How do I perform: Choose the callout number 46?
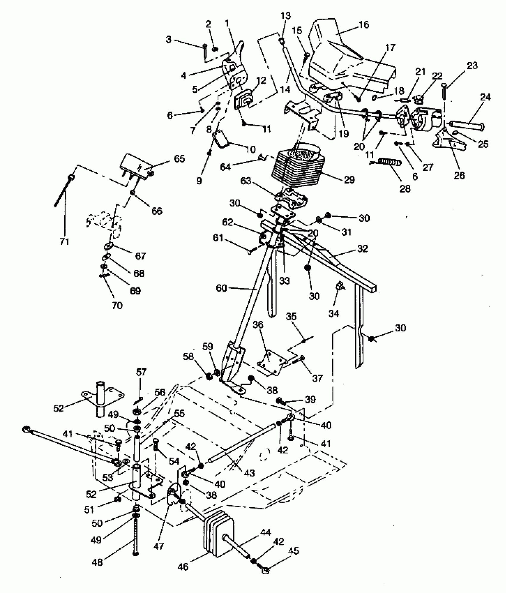coord(183,567)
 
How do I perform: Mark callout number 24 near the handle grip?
coord(485,97)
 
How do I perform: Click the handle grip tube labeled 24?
coord(467,125)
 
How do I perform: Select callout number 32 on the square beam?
coord(362,249)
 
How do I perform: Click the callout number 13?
coord(286,16)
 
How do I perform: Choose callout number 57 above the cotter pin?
coord(141,372)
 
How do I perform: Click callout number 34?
coord(334,313)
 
